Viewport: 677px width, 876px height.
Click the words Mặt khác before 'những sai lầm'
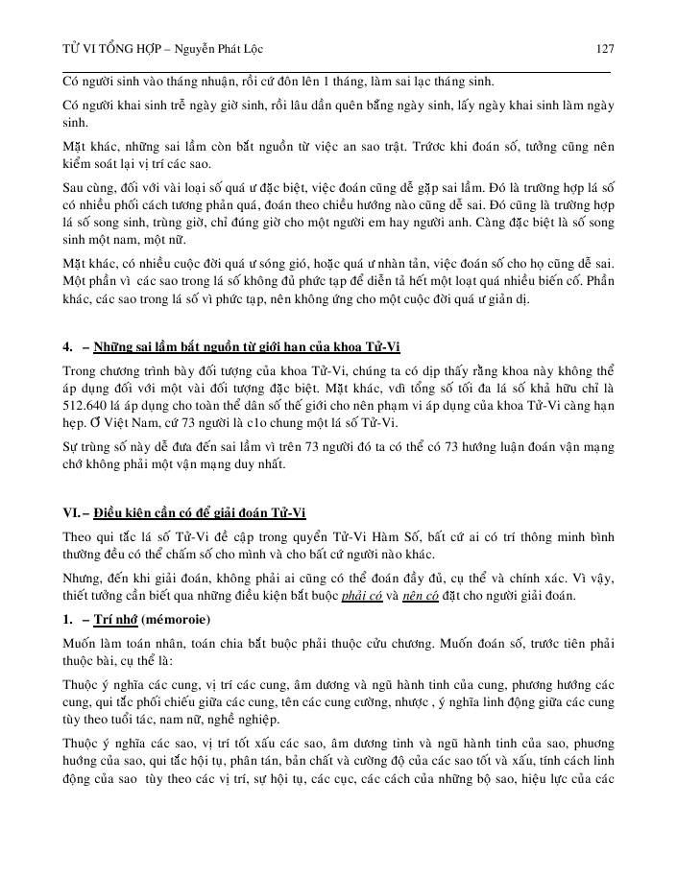pos(88,147)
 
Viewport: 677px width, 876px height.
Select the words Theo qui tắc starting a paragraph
pos(99,536)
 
